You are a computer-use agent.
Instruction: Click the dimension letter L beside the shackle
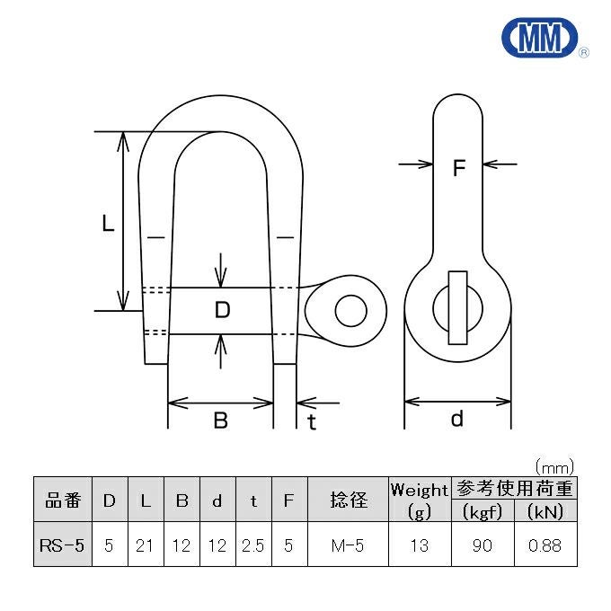click(x=108, y=224)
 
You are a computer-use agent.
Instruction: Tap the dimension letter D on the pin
click(x=223, y=311)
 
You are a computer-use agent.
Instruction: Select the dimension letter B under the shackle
click(x=220, y=420)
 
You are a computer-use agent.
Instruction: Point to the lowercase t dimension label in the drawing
click(x=312, y=421)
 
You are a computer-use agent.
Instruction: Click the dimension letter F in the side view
click(x=459, y=168)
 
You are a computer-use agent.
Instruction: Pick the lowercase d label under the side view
click(x=457, y=419)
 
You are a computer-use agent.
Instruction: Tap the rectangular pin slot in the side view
click(x=457, y=307)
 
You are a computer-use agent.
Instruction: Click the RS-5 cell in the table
click(x=63, y=545)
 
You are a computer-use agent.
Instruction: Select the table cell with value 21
click(x=146, y=545)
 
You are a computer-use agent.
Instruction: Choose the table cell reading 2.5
click(x=253, y=545)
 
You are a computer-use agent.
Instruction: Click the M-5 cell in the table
click(x=348, y=545)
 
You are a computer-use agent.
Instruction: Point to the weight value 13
click(x=419, y=545)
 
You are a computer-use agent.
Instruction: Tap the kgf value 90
click(x=482, y=545)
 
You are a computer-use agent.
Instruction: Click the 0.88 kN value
click(x=545, y=545)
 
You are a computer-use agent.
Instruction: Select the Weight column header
click(x=419, y=491)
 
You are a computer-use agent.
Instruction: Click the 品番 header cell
click(x=63, y=500)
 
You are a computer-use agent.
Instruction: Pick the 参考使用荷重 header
click(x=514, y=489)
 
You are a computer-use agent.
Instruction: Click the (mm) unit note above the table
click(x=553, y=467)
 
